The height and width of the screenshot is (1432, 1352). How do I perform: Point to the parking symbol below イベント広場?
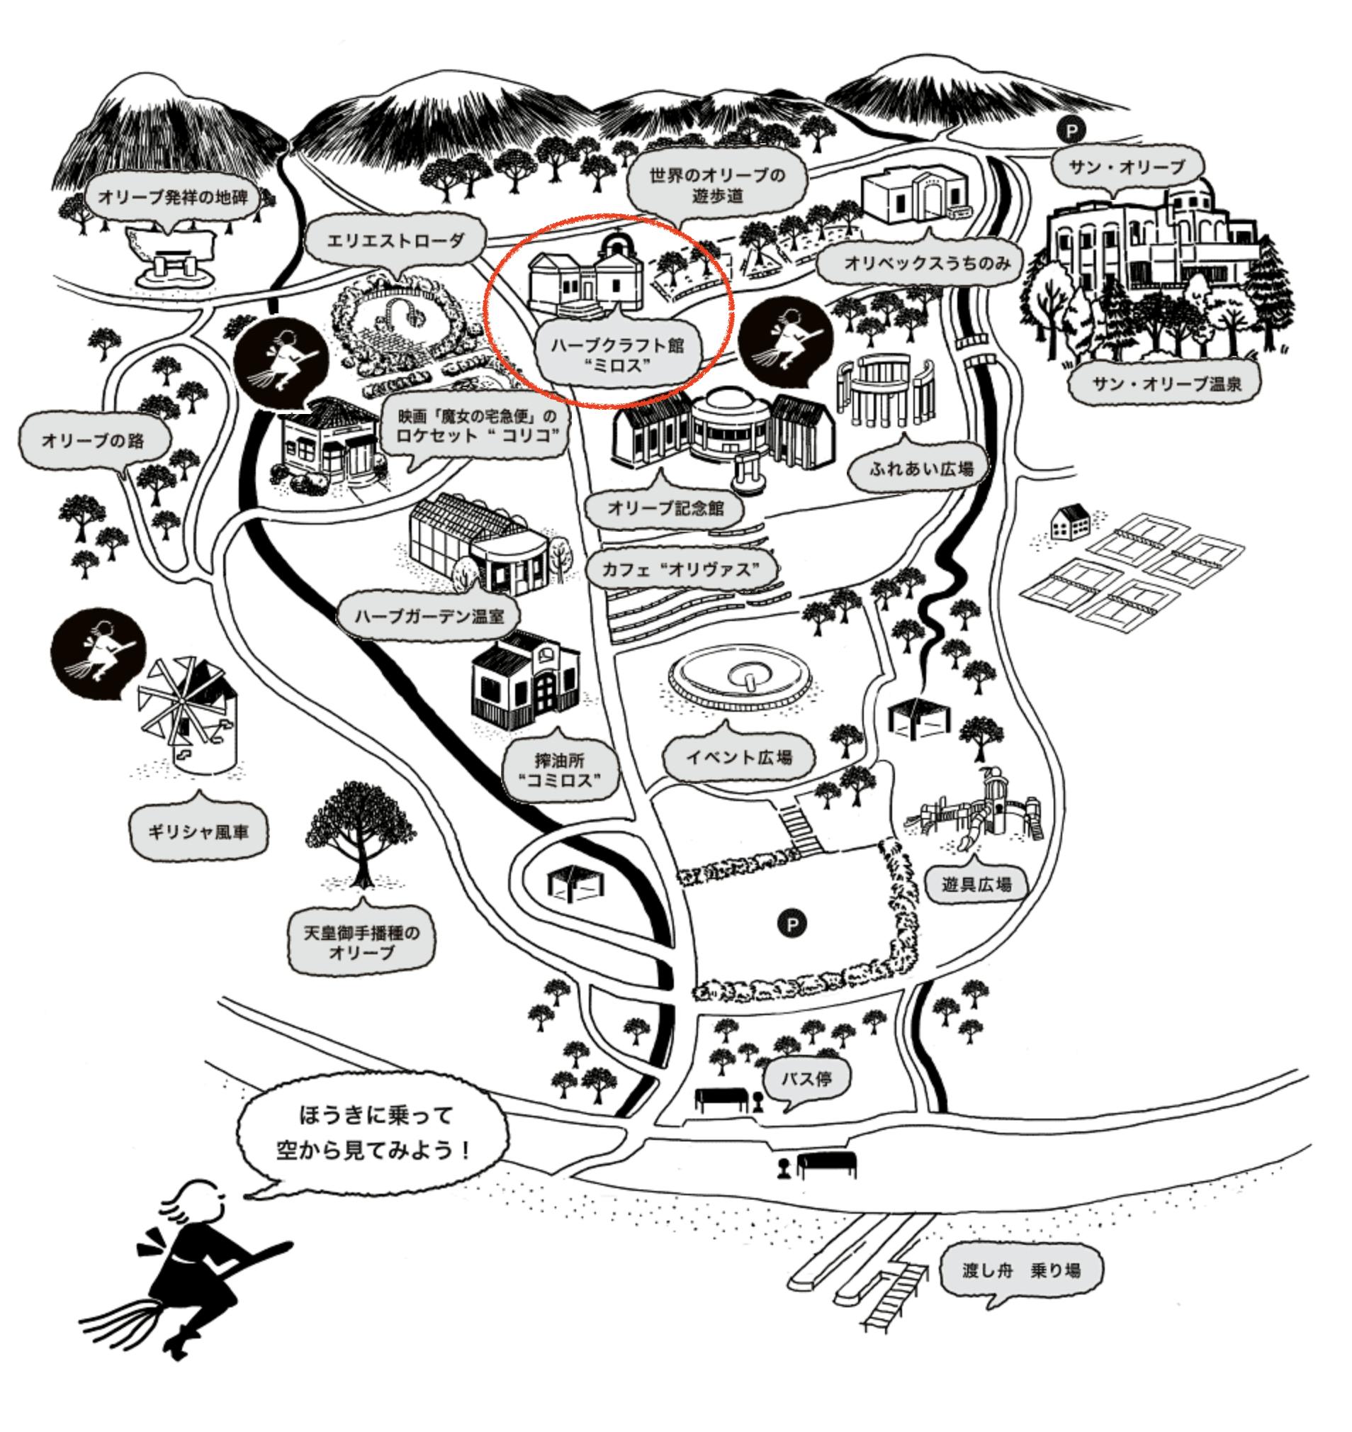pos(793,924)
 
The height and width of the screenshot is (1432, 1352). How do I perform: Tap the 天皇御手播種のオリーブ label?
pos(362,941)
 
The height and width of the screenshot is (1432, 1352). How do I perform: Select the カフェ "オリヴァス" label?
pos(682,570)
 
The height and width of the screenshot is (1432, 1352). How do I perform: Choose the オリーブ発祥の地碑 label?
pos(173,198)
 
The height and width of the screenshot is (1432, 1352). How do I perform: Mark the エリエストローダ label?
pos(395,242)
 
